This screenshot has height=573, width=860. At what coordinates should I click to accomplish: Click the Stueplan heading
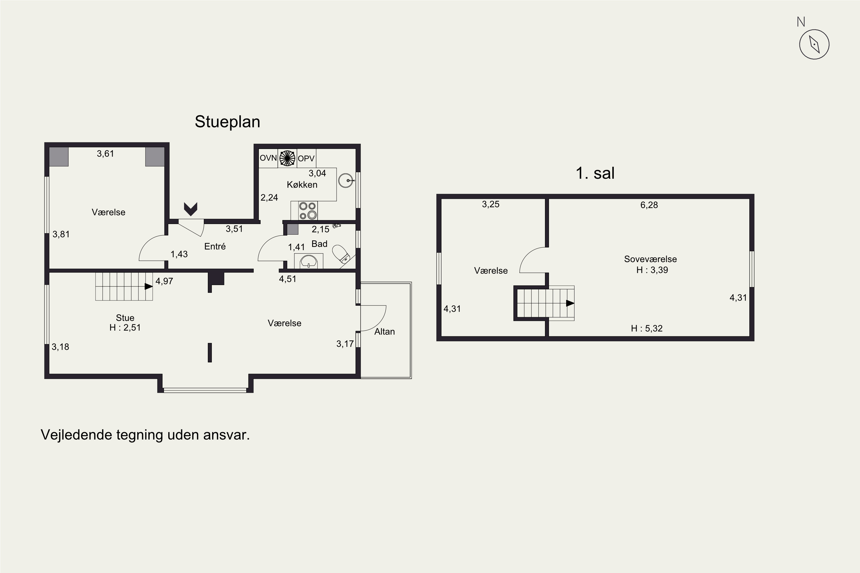tap(227, 122)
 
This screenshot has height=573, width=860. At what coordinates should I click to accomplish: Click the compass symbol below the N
tap(814, 44)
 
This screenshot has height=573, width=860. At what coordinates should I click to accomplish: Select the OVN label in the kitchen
tap(268, 158)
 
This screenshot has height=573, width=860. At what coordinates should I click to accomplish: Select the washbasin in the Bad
tap(309, 261)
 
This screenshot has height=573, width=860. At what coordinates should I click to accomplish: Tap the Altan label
tap(384, 331)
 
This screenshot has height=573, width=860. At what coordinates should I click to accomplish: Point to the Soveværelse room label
tap(650, 259)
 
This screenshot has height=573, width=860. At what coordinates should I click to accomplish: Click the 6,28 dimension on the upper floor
tap(649, 205)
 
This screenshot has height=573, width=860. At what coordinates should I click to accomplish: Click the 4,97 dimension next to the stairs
tap(164, 281)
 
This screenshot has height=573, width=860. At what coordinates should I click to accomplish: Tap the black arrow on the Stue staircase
tap(148, 286)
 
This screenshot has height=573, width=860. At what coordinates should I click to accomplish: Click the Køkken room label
tap(302, 185)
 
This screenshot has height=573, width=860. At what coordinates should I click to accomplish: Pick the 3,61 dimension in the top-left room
tap(105, 154)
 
